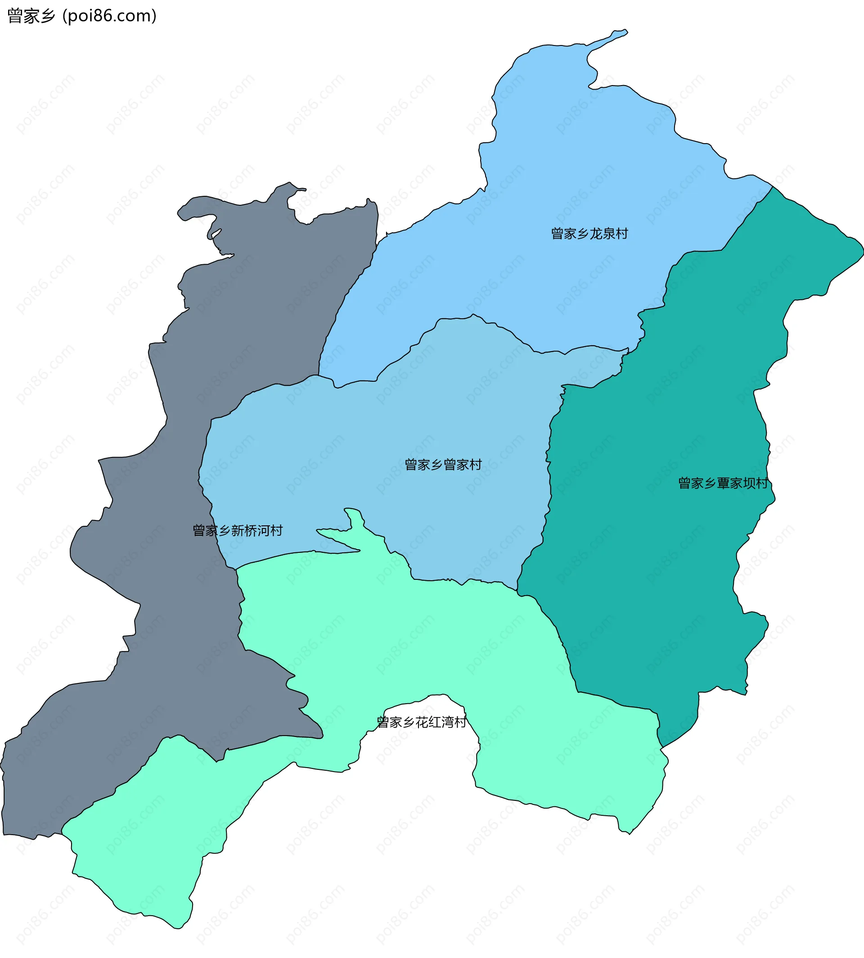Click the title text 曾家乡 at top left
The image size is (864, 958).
point(31,16)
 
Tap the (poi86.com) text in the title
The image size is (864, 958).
point(109,16)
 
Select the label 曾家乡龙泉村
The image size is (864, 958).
point(589,234)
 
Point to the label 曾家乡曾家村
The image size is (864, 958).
point(443,465)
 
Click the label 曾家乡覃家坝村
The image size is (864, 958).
point(723,484)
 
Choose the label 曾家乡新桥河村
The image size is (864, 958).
point(237,530)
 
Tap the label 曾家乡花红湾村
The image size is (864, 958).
point(421,723)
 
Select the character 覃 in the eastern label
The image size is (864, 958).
point(723,484)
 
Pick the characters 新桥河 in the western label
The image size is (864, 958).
point(250,530)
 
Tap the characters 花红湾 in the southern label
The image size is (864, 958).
point(434,723)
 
